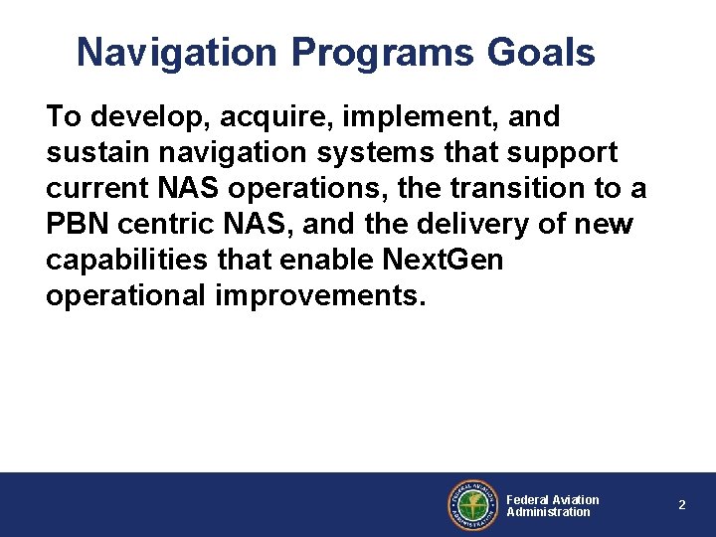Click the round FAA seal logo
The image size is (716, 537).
(x=472, y=505)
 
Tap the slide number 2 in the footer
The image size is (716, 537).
(x=682, y=505)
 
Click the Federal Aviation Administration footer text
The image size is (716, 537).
(x=552, y=505)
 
